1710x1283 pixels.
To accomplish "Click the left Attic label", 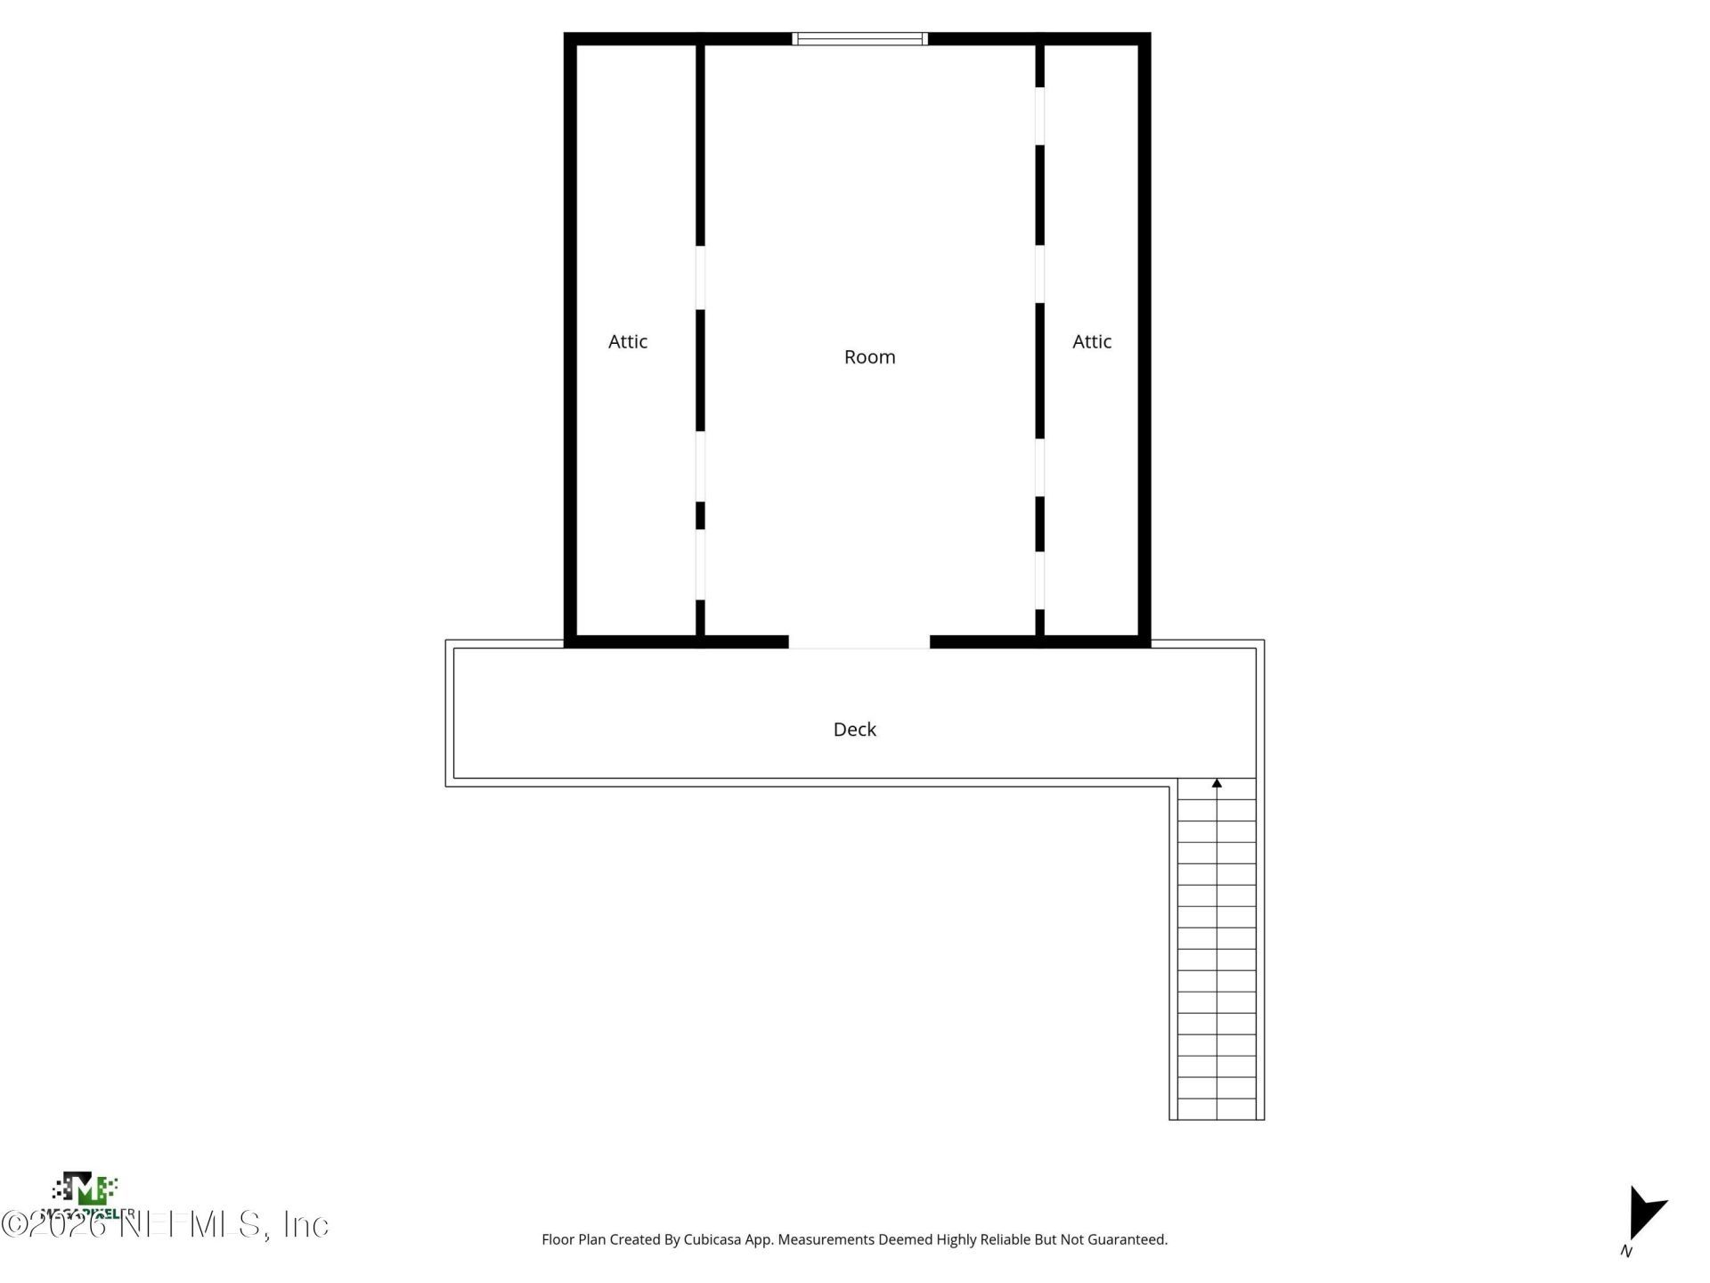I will coord(627,341).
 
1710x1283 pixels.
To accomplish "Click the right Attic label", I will coord(1091,341).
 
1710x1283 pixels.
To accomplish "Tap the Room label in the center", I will coord(869,356).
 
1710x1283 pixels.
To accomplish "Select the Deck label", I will coord(854,729).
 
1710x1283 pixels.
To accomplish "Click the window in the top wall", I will coord(859,38).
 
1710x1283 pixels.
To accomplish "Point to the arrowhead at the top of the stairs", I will coord(1217,783).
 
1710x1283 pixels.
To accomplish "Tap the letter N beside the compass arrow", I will coord(1626,1251).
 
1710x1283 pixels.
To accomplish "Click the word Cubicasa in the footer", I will coord(712,1239).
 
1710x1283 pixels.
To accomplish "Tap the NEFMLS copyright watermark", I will coord(165,1224).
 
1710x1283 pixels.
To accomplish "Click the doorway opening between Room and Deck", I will coord(859,641).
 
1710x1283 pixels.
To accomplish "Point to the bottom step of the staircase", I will coord(1217,1109).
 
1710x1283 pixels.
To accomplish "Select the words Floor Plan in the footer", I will coord(574,1239).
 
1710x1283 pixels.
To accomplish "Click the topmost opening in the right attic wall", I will coord(1039,116).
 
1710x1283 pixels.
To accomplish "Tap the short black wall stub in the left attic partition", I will coord(700,515).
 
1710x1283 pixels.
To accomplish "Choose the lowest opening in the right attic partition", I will coord(1039,580).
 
